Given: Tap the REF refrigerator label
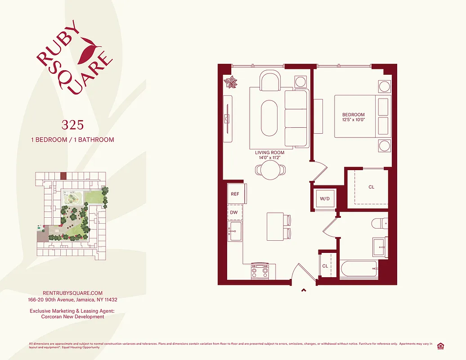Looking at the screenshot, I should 235,194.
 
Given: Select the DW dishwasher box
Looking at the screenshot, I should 234,212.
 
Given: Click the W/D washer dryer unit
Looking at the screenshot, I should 325,198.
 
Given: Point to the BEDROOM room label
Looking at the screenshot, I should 354,115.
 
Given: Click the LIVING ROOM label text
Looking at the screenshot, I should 269,153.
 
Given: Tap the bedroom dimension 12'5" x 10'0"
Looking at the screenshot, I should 354,120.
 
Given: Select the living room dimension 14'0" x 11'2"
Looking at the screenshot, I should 269,158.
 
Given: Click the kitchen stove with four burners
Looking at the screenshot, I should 260,271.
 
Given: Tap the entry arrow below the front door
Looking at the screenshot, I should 304,290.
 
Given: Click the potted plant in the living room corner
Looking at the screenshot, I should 230,82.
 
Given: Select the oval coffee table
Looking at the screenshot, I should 269,117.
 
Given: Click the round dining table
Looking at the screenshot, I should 270,170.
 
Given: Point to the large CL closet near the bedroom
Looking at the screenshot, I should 371,187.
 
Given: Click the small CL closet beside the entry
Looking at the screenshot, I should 325,266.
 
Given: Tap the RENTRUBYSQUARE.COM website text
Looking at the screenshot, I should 66,293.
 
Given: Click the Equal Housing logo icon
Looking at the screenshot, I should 440,346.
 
